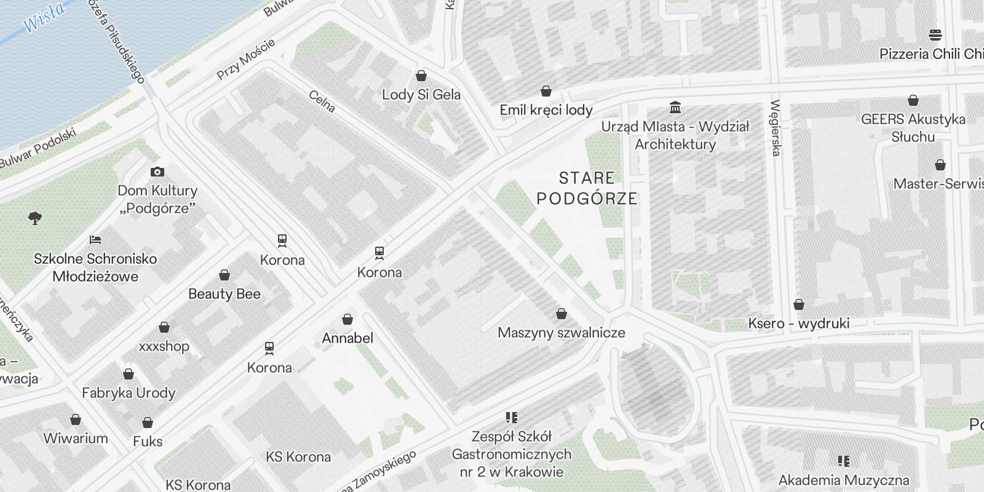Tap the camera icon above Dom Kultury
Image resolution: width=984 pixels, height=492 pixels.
[157, 172]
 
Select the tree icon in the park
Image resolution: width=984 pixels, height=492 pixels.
[35, 218]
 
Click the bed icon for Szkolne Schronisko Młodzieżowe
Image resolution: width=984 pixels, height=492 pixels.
[95, 240]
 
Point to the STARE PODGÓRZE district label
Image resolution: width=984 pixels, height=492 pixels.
[587, 188]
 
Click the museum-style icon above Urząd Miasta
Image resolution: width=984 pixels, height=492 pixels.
[675, 108]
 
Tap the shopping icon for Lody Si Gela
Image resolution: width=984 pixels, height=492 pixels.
[421, 76]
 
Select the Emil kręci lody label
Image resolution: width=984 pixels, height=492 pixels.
[546, 110]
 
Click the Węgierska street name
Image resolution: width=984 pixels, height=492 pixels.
[775, 128]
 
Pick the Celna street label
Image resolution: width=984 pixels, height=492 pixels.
[322, 102]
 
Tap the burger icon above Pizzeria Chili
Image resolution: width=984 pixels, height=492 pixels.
[935, 34]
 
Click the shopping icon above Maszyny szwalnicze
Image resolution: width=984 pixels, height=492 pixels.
[561, 314]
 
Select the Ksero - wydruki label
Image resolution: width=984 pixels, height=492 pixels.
[798, 323]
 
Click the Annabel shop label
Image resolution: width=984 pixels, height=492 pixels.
[347, 338]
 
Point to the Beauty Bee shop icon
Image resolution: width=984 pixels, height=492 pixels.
[224, 275]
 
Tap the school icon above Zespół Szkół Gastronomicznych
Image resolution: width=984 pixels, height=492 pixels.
[511, 418]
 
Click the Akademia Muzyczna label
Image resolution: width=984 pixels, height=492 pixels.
[844, 480]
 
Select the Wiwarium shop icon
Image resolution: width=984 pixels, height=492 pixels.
[76, 420]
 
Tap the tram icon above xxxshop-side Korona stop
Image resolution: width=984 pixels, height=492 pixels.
[269, 349]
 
